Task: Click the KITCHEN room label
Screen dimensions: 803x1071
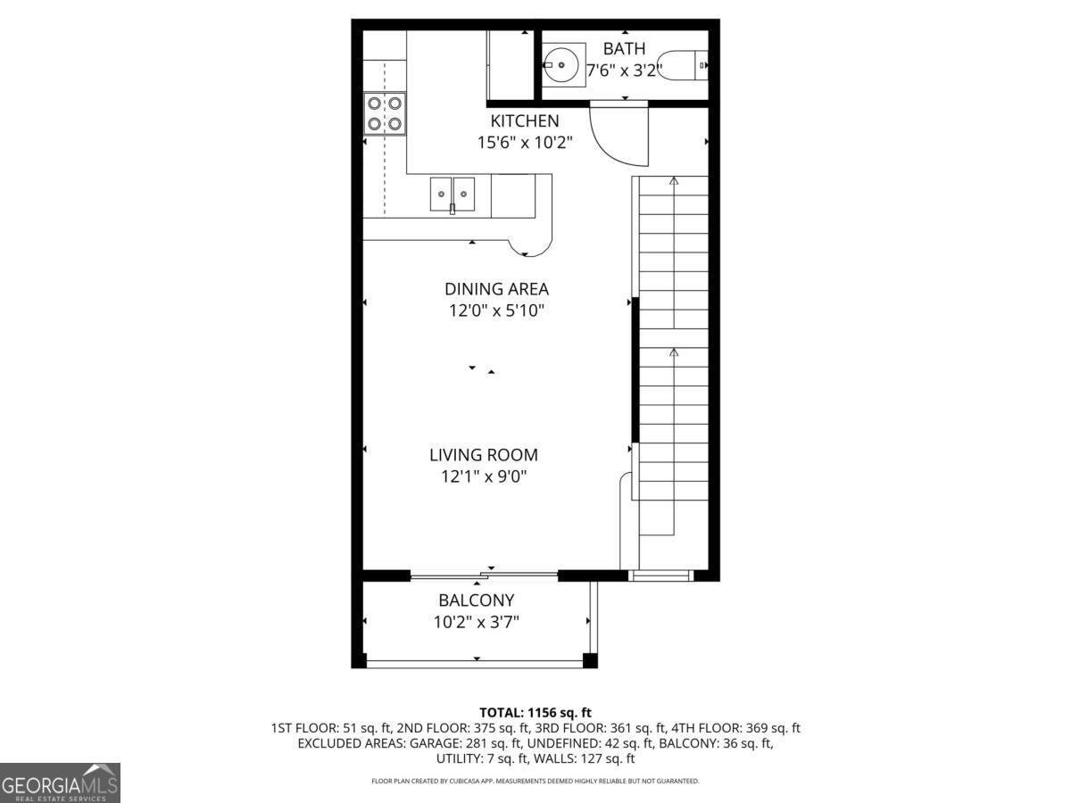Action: pos(524,120)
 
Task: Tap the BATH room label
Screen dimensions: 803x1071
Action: pos(624,49)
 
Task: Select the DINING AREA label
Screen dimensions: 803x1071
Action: pos(496,289)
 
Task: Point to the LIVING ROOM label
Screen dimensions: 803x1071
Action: pos(484,455)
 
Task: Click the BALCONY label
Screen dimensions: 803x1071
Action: pos(476,600)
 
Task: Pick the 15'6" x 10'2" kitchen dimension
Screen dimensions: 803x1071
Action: pos(524,142)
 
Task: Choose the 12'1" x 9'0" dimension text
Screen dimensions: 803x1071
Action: pos(484,476)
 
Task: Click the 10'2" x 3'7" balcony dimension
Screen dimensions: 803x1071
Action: pos(476,622)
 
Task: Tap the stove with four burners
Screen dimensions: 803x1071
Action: pos(385,113)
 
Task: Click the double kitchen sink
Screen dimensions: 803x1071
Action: pos(452,193)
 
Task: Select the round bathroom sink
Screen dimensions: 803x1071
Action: pos(564,63)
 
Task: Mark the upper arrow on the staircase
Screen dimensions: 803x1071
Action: pos(674,181)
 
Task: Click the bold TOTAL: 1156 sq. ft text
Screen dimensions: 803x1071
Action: pos(535,712)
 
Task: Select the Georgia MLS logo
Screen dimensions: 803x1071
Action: pos(60,782)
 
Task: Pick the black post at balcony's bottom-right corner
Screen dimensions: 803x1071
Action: pos(589,660)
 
